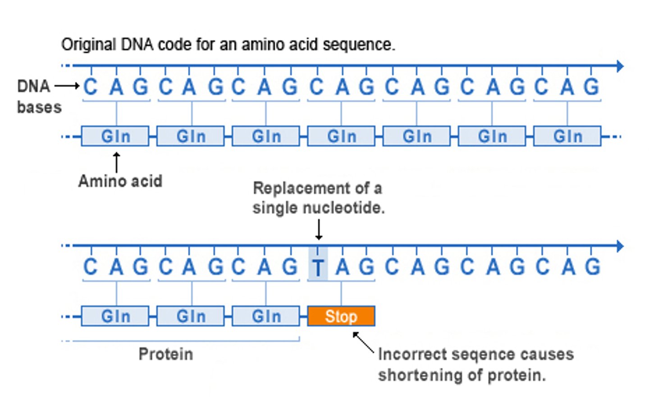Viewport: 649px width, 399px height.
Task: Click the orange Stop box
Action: pos(341,316)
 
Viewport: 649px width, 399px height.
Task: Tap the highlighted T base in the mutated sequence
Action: pos(318,268)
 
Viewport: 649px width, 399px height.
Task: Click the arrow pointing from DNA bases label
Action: pos(67,86)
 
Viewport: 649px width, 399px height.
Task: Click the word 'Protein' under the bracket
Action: pos(165,354)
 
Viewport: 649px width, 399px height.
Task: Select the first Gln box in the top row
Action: pos(115,136)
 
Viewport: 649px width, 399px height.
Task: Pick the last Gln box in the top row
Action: pos(567,136)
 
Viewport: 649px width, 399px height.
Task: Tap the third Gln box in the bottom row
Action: pos(266,316)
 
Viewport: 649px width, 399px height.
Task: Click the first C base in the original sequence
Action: pos(90,87)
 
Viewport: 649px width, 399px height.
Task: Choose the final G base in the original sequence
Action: pos(591,87)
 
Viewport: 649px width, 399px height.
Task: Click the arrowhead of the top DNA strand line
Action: pos(620,66)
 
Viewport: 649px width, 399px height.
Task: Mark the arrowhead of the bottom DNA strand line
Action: pos(620,246)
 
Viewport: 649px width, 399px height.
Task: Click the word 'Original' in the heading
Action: pos(88,45)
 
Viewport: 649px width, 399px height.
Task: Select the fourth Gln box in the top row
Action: pos(341,136)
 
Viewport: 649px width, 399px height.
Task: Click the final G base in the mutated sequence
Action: pos(592,267)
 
